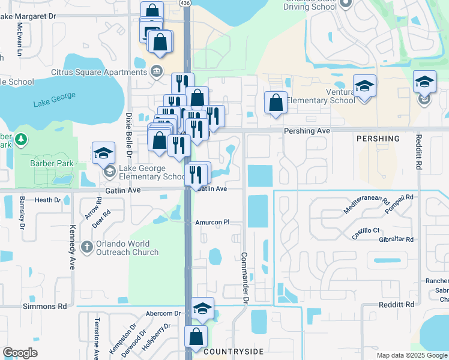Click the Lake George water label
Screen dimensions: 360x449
55,100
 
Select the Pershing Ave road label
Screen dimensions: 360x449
307,130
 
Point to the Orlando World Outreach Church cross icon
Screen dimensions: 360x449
87,245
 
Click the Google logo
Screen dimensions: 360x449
20,353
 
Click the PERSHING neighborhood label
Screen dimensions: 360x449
378,139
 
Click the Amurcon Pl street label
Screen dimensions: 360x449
212,222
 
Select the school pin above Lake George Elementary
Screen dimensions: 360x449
103,153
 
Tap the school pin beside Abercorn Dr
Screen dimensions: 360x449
203,308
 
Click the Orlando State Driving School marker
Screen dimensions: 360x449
345,4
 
